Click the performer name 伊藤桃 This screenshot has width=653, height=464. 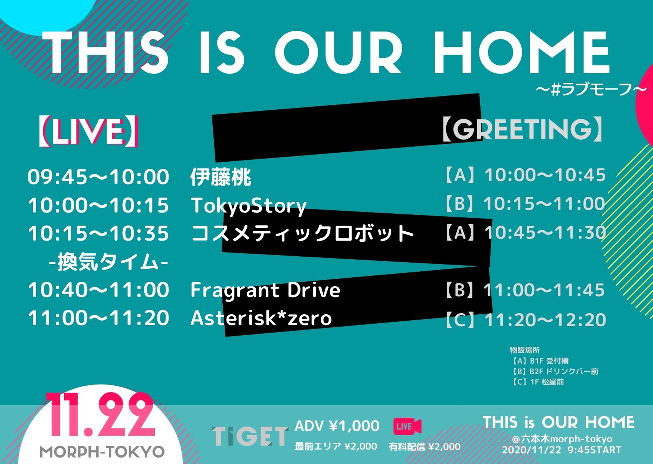pyautogui.click(x=221, y=177)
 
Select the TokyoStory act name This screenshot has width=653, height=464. pyautogui.click(x=249, y=206)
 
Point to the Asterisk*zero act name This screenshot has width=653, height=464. pyautogui.click(x=261, y=318)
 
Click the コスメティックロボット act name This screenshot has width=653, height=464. pyautogui.click(x=302, y=233)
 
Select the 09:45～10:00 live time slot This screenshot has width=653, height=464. pyautogui.click(x=98, y=177)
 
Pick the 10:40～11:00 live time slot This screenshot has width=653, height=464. pyautogui.click(x=99, y=290)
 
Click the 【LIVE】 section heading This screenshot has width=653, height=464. pyautogui.click(x=88, y=131)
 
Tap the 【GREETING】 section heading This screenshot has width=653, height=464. pyautogui.click(x=523, y=129)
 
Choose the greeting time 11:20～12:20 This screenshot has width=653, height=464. pyautogui.click(x=545, y=320)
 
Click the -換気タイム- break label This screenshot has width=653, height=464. pyautogui.click(x=109, y=262)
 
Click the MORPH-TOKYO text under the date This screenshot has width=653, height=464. pyautogui.click(x=102, y=452)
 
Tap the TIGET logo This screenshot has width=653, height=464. pyautogui.click(x=250, y=436)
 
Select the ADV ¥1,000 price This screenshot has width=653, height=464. pyautogui.click(x=337, y=426)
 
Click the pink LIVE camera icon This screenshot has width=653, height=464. pyautogui.click(x=407, y=427)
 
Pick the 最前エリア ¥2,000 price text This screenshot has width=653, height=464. pyautogui.click(x=336, y=446)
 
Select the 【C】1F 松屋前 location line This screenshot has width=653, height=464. pyautogui.click(x=537, y=382)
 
